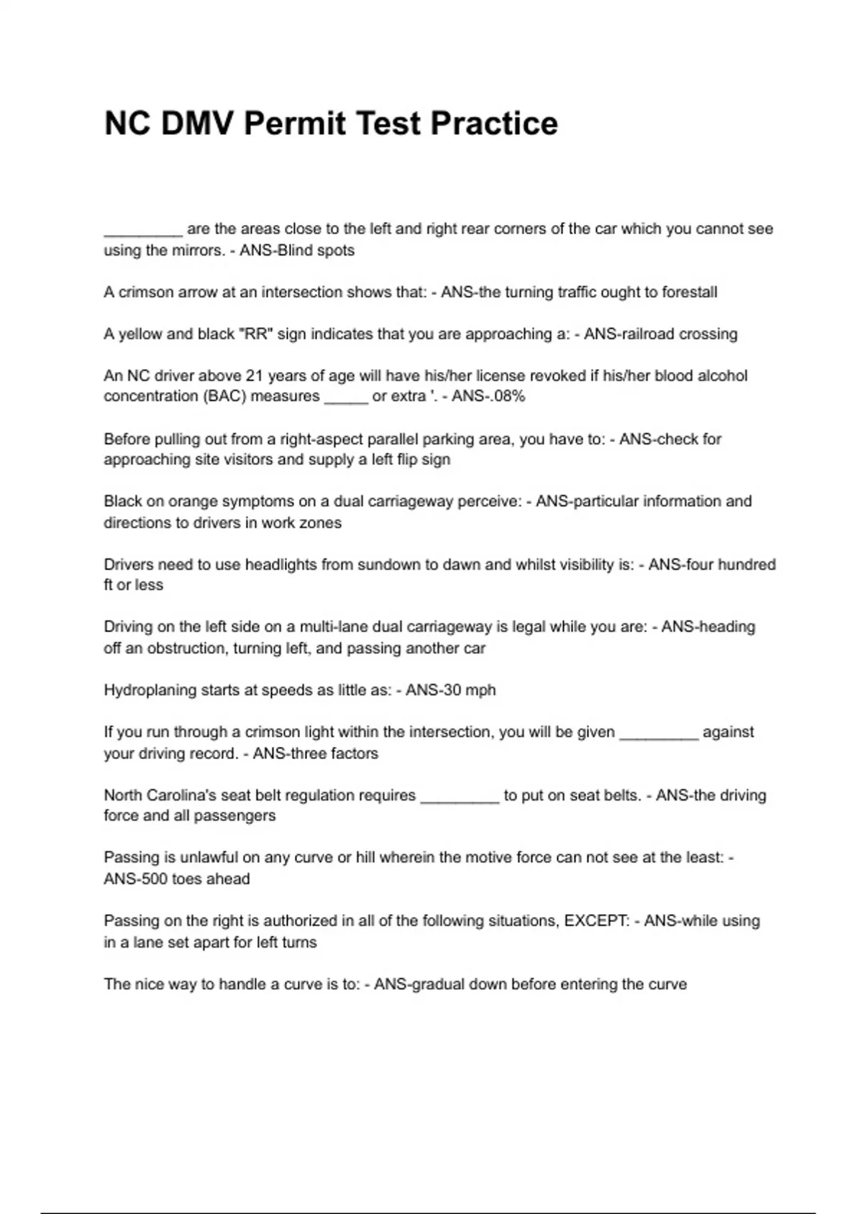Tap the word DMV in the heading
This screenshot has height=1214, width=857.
coord(197,124)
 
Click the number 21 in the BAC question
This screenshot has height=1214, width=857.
coord(255,376)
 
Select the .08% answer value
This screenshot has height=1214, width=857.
coord(507,396)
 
